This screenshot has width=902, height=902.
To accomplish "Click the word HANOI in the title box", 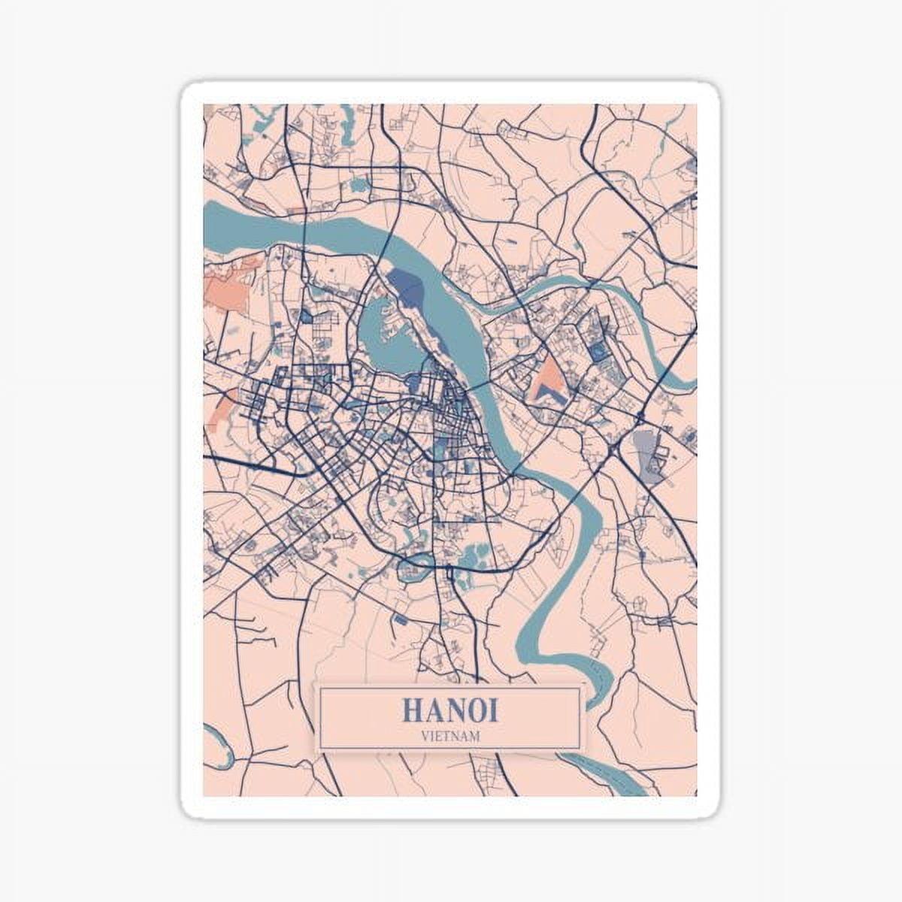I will coord(449,710).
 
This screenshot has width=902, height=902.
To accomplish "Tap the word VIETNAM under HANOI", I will coord(449,736).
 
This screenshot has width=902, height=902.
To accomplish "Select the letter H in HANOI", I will coord(413,710).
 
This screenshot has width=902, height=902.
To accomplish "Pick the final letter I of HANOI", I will coord(492,710).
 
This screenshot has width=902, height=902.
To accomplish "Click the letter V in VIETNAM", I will coord(424,736).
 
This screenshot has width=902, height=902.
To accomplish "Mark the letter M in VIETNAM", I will coord(475,736).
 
